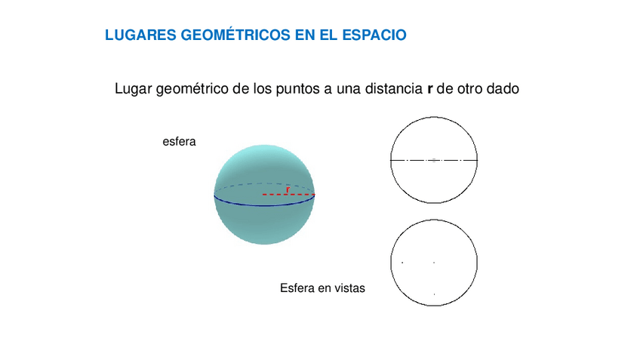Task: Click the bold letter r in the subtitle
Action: tap(429, 89)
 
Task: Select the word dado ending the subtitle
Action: tap(503, 89)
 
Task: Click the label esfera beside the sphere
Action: tap(180, 141)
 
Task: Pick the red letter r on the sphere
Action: tap(288, 189)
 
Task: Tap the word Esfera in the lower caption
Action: tap(297, 288)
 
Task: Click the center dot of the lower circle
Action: tap(434, 263)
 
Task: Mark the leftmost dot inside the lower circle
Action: tap(402, 263)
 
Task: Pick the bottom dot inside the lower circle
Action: tap(434, 294)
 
